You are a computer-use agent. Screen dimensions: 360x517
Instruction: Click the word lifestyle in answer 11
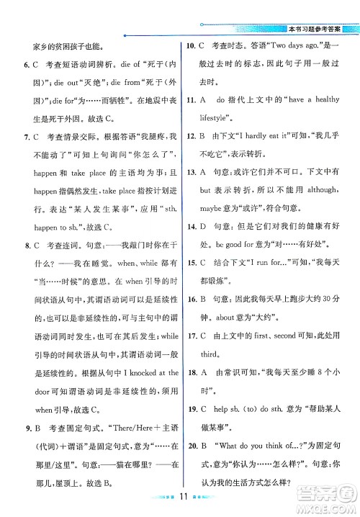217,118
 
